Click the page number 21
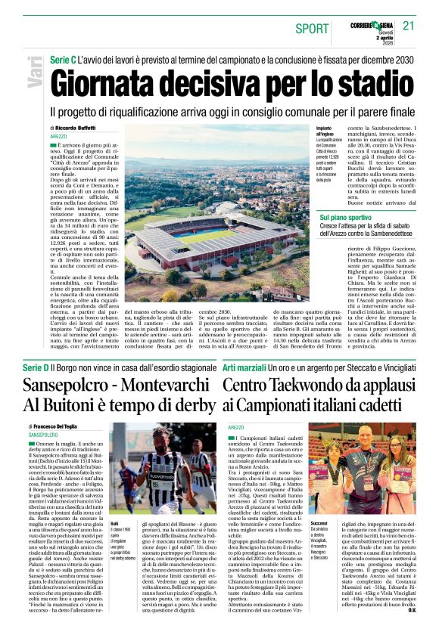pos(409,25)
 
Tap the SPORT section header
pos(312,29)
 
